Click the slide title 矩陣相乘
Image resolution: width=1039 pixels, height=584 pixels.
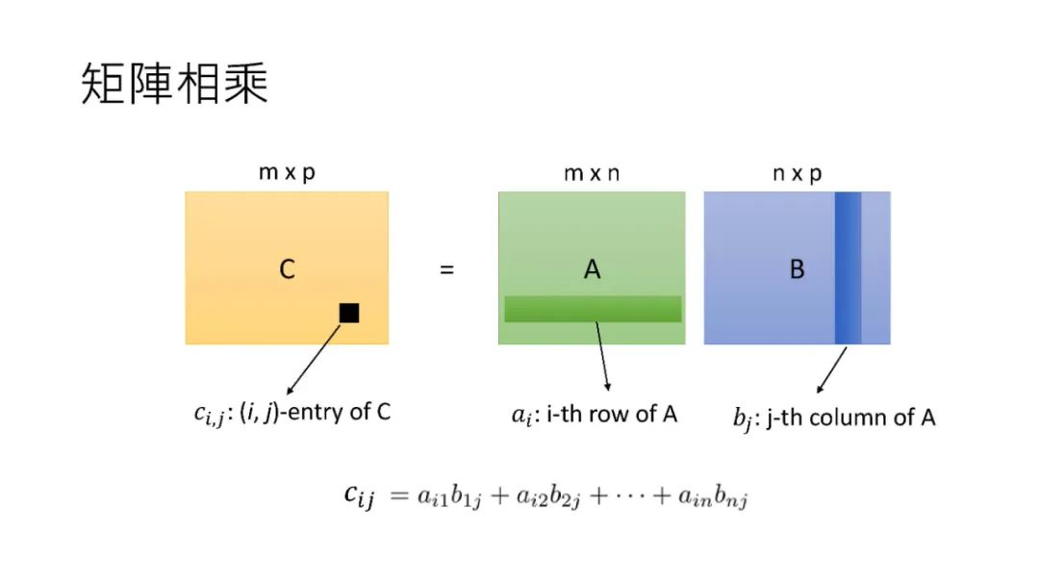point(174,84)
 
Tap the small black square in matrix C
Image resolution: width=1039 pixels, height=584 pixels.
point(349,313)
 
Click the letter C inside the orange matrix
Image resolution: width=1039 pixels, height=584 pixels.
point(287,270)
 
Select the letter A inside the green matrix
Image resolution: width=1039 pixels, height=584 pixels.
point(592,270)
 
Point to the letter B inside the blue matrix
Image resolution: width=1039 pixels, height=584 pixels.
point(797,270)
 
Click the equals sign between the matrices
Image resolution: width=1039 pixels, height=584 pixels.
point(446,270)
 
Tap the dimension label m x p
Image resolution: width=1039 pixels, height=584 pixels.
point(287,173)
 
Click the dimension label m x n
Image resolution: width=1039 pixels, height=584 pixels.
point(592,173)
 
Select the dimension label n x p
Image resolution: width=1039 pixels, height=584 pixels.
point(797,173)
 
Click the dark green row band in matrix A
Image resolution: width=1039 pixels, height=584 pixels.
point(593,309)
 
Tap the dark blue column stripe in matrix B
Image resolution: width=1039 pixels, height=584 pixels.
point(848,267)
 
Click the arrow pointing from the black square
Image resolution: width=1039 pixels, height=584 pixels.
point(314,358)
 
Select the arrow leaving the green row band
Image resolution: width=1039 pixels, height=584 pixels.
point(603,356)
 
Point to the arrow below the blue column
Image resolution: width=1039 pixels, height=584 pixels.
point(831,371)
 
